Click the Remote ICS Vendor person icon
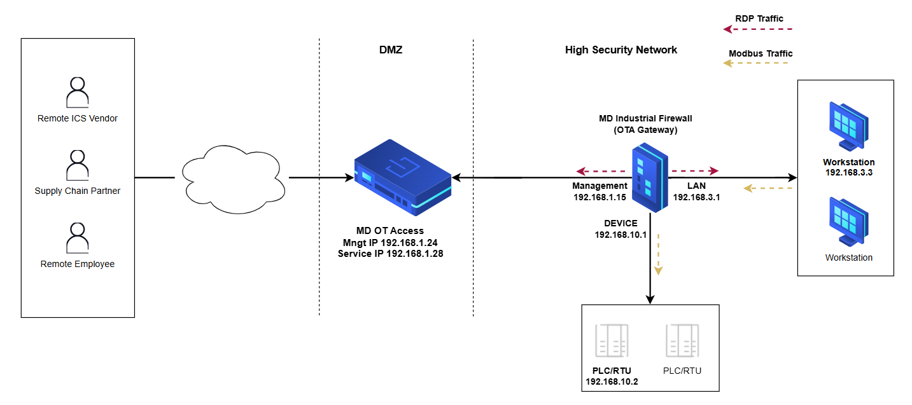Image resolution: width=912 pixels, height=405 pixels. (x=78, y=93)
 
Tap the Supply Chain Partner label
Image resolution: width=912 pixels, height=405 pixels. (x=78, y=191)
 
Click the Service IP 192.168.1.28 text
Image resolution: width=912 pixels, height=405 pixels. (x=390, y=253)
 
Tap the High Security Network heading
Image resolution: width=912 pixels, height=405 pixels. (x=621, y=50)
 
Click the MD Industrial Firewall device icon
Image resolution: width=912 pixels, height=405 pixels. (x=649, y=177)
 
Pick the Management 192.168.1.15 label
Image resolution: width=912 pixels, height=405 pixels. (x=600, y=191)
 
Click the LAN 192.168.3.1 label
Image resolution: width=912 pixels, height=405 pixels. (x=696, y=191)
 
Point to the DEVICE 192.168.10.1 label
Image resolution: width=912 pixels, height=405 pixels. (x=621, y=229)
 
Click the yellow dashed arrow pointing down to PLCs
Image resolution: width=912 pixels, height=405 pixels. (x=659, y=254)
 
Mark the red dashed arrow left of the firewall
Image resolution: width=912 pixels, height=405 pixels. (x=601, y=171)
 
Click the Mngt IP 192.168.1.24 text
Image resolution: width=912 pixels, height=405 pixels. (x=390, y=242)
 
